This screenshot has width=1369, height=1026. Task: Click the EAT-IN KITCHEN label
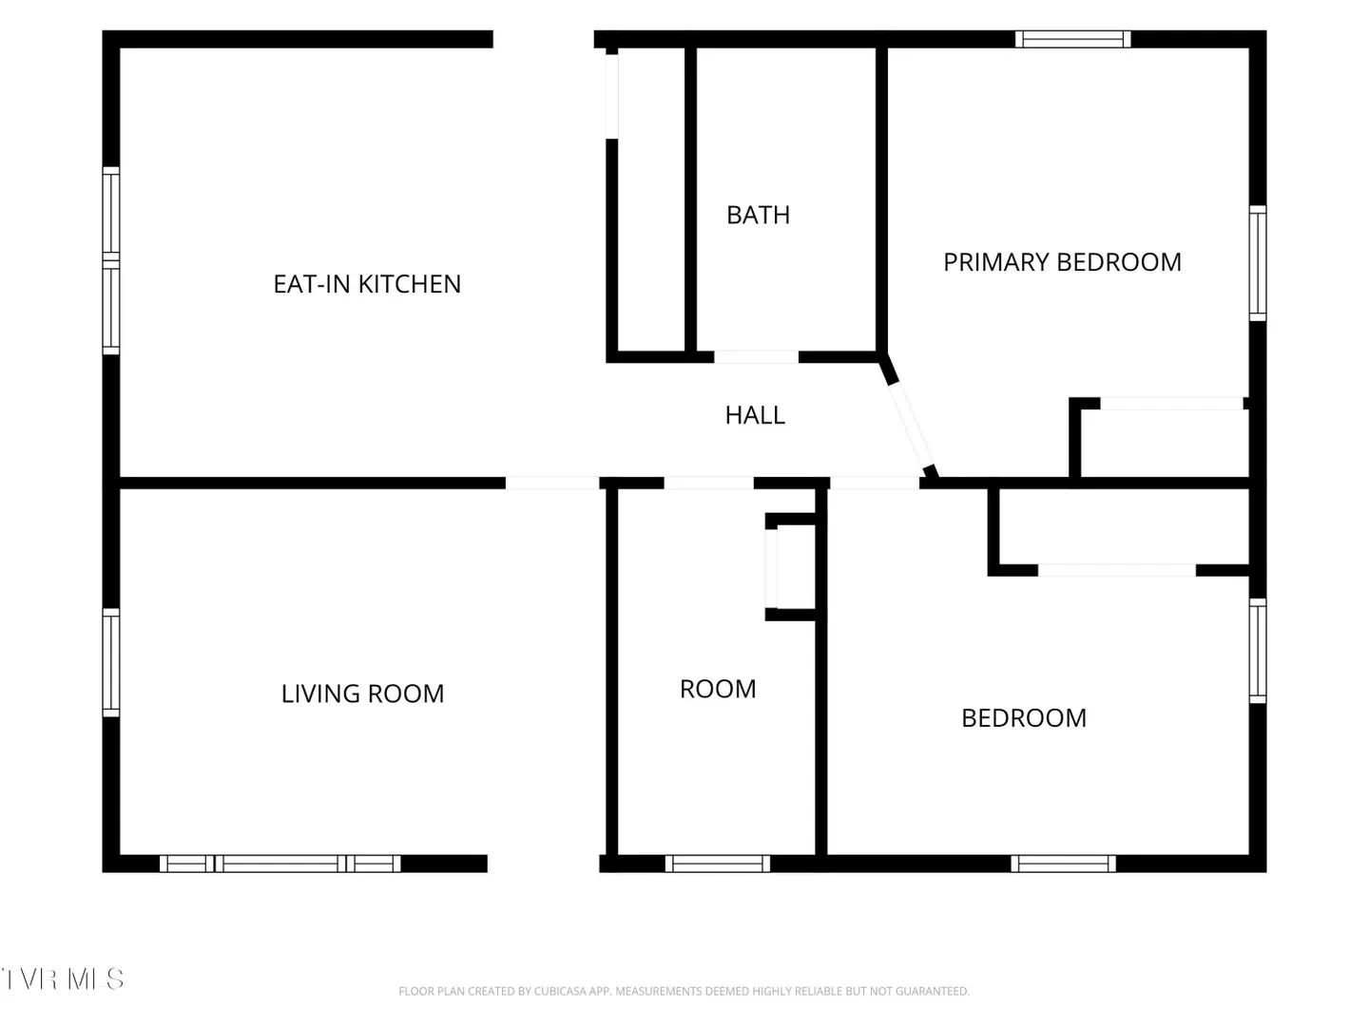[x=367, y=284]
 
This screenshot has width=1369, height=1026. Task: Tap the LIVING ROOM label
[x=362, y=693]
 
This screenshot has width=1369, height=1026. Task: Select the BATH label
[x=758, y=215]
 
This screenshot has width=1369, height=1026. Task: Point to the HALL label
[x=755, y=415]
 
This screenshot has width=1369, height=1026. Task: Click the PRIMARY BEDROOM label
[x=1062, y=261]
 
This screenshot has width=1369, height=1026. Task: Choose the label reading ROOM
[x=718, y=689]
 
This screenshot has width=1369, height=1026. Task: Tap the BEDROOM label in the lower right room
[x=1024, y=717]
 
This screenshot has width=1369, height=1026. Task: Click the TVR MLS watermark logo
[x=62, y=979]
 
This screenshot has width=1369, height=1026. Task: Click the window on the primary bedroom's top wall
[x=1072, y=39]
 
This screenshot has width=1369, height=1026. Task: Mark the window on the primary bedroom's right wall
[x=1258, y=263]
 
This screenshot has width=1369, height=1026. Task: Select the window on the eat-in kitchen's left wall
[x=111, y=260]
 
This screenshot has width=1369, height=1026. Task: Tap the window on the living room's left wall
[x=111, y=662]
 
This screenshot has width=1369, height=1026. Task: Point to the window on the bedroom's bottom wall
[x=1063, y=864]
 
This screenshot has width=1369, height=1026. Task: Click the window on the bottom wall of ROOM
[x=717, y=864]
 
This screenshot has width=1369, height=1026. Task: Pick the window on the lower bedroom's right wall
[x=1258, y=651]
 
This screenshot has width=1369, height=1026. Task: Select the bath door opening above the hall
[x=756, y=357]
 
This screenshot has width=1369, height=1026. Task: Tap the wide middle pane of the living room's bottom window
[x=280, y=864]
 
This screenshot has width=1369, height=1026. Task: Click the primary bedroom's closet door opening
[x=1171, y=403]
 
